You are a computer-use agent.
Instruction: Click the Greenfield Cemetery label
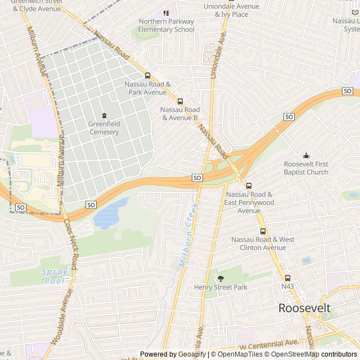pos(103,128)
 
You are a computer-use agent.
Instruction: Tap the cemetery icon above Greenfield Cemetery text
pos(103,116)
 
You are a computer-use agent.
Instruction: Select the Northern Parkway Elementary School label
pos(166,25)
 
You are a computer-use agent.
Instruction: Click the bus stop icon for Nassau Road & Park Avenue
pos(147,75)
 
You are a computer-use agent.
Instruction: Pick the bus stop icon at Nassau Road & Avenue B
pos(180,101)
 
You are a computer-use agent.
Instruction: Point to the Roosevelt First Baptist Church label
pos(306,168)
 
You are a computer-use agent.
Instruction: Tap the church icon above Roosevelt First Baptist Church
pos(306,156)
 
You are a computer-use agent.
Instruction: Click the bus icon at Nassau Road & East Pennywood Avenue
pos(249,186)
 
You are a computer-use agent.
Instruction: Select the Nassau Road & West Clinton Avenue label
pos(263,244)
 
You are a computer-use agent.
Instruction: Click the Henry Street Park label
pos(220,287)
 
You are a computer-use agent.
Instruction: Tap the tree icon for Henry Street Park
pos(220,277)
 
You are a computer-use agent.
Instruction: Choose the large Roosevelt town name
pos(305,308)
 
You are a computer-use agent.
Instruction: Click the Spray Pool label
pos(55,276)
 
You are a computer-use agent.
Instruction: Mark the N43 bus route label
pos(288,286)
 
